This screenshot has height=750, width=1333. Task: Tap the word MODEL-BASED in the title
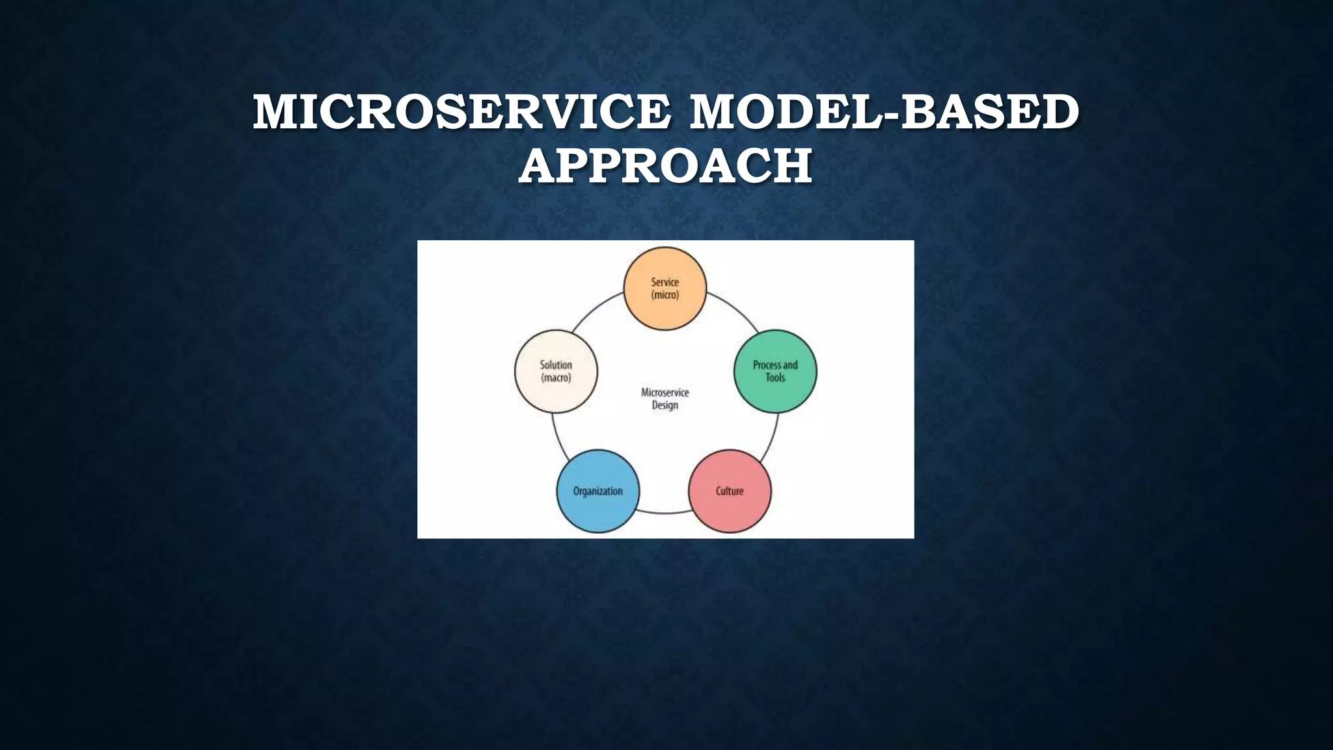pyautogui.click(x=884, y=112)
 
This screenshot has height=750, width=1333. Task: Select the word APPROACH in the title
pyautogui.click(x=665, y=166)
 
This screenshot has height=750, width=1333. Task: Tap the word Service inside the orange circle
pyautogui.click(x=665, y=282)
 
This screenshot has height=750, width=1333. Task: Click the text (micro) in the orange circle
pyautogui.click(x=665, y=295)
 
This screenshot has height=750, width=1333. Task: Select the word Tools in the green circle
pyautogui.click(x=775, y=378)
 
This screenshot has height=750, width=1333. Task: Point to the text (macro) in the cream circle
pyautogui.click(x=556, y=378)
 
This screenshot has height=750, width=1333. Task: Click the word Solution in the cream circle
pyautogui.click(x=556, y=365)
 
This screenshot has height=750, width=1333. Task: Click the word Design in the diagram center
pyautogui.click(x=665, y=405)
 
